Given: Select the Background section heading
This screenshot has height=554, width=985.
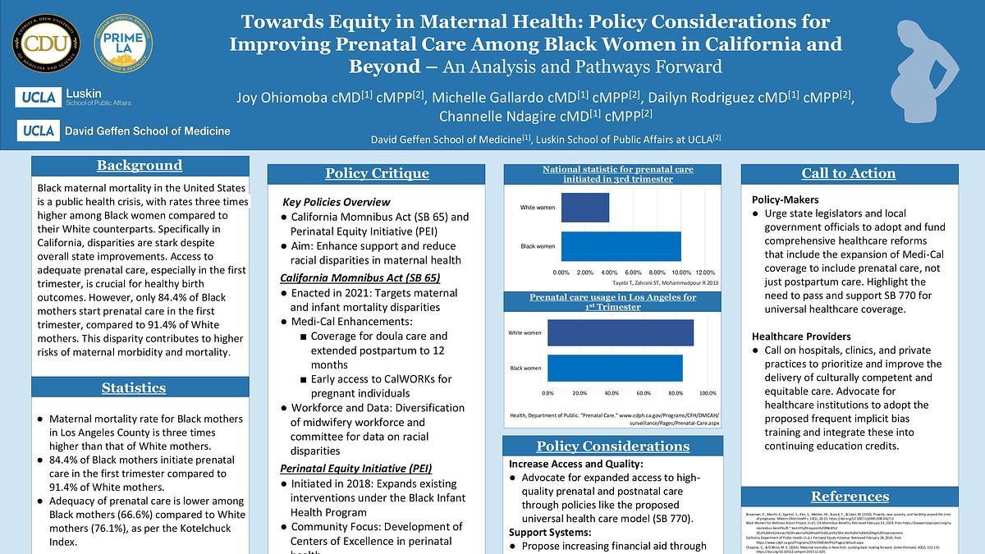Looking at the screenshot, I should [x=140, y=166].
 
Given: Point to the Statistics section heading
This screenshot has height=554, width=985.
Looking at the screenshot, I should [x=134, y=388].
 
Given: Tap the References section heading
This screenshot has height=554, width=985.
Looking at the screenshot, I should [x=850, y=497].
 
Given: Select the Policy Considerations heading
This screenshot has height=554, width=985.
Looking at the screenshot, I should [x=612, y=446].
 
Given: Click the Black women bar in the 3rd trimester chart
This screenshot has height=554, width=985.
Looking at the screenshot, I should [x=621, y=246].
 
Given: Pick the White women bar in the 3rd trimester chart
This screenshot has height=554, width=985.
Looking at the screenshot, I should [x=585, y=208].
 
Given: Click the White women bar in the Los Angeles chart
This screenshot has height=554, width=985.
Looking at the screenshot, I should [x=621, y=332].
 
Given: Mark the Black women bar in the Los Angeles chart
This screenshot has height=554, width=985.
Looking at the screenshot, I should [x=615, y=368].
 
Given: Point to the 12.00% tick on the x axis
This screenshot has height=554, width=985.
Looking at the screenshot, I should [x=704, y=272].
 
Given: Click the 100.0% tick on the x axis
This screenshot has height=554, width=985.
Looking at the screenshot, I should [x=707, y=393].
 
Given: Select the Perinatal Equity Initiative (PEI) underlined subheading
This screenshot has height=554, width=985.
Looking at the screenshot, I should [x=355, y=468].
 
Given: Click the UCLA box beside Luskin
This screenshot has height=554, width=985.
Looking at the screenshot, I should [x=37, y=98].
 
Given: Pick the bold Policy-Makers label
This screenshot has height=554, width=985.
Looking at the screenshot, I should [x=785, y=199].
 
